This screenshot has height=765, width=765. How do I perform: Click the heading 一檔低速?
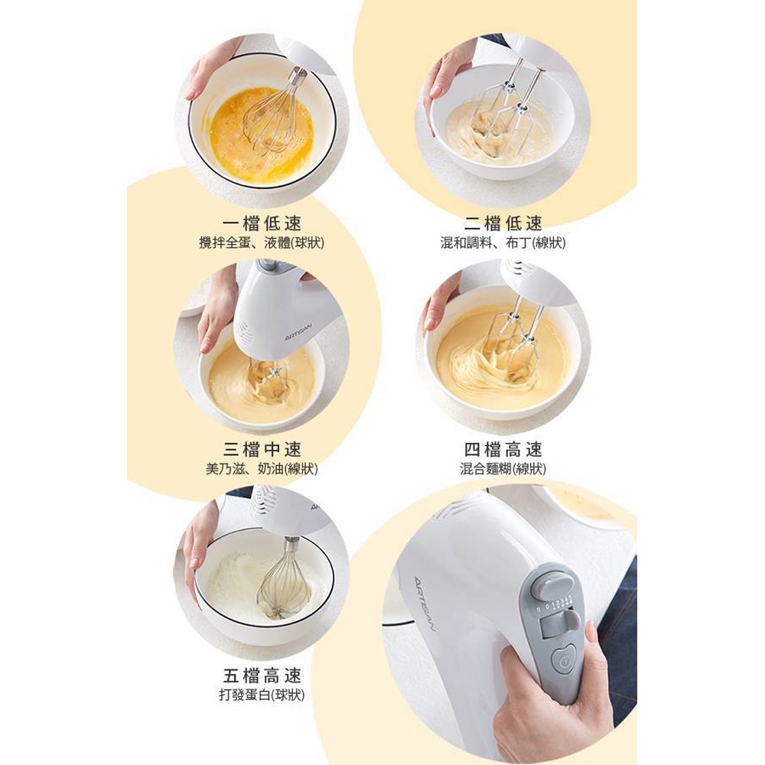[262, 223]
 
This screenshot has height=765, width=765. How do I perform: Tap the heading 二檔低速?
[503, 223]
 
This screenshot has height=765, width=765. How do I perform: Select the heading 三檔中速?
[262, 449]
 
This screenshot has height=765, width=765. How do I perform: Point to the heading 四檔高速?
[503, 449]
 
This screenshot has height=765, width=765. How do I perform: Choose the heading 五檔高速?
[262, 675]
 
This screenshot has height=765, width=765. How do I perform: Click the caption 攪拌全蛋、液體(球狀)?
[262, 243]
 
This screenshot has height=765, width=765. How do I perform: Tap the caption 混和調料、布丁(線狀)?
[503, 243]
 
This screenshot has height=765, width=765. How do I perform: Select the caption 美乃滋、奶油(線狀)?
[262, 469]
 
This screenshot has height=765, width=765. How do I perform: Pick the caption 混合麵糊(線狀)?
[503, 469]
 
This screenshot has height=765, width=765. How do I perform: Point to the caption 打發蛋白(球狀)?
[262, 695]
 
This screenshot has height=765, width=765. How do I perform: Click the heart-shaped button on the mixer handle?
[565, 661]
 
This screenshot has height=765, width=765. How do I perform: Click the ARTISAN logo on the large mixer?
[424, 604]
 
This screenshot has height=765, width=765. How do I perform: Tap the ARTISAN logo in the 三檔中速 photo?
[298, 331]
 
